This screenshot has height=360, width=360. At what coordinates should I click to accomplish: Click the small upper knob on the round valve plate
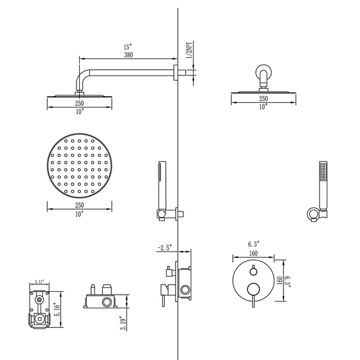click(x=253, y=268)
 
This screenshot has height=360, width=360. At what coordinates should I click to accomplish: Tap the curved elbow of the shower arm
click(x=80, y=76)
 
